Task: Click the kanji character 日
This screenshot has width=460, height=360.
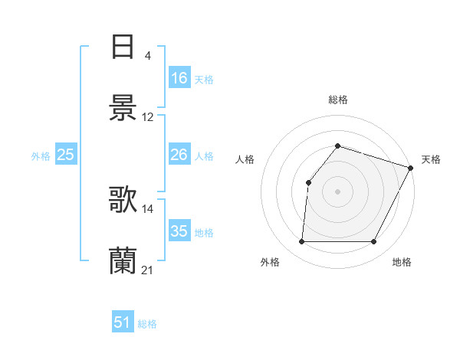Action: coord(123,47)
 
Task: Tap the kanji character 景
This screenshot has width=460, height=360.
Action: coord(123,108)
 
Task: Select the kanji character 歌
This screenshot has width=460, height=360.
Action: coord(123,201)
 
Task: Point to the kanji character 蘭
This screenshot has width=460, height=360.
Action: coord(123,262)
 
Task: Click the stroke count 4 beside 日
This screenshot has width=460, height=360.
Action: coord(147,55)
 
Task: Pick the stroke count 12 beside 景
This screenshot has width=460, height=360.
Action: coord(148,117)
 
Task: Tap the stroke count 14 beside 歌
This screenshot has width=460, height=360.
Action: coord(148,208)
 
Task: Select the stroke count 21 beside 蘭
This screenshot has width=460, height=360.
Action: coord(148,270)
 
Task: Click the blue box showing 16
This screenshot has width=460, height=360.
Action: coord(179,78)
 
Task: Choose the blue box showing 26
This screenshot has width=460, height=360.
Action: coord(179,155)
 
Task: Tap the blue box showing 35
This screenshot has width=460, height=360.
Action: coord(179,231)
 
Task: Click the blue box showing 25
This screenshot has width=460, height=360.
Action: coord(66,155)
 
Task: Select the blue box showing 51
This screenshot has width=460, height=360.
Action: coord(123,323)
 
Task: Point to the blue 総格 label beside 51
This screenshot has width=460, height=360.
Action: coord(147,324)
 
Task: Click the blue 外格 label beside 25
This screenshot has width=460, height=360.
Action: coord(41,156)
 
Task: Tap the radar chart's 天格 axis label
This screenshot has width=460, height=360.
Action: coord(431,159)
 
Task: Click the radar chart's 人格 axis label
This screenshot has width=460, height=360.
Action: coord(245,159)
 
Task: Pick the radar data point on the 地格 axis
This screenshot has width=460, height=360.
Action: coord(374,242)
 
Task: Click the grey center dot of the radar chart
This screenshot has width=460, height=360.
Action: coord(337,191)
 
